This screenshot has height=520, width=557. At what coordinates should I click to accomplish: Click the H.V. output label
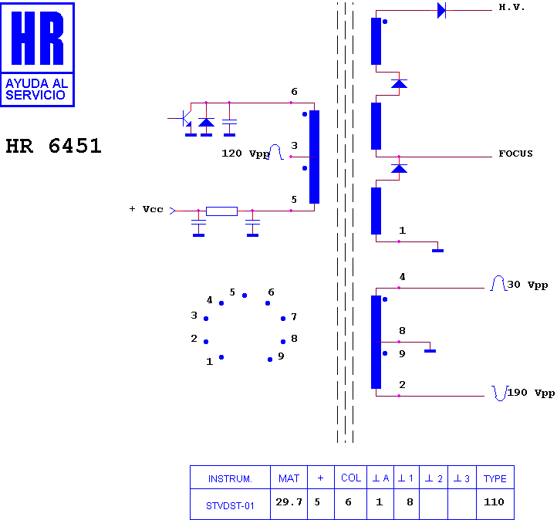pyautogui.click(x=511, y=7)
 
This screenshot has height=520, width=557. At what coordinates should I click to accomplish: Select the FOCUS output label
pyautogui.click(x=515, y=154)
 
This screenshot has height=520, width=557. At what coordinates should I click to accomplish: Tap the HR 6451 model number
pyautogui.click(x=54, y=146)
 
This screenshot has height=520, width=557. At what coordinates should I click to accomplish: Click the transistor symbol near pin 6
pyautogui.click(x=185, y=118)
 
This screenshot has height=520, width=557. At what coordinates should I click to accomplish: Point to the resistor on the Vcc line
pyautogui.click(x=221, y=211)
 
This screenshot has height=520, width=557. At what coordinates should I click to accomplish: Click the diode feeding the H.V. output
pyautogui.click(x=441, y=10)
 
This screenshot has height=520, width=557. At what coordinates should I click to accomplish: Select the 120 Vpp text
pyautogui.click(x=245, y=154)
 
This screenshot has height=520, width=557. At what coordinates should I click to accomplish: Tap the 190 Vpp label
pyautogui.click(x=531, y=393)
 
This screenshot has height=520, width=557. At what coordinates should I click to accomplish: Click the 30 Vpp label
pyautogui.click(x=528, y=285)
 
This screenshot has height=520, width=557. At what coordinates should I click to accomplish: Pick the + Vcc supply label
pyautogui.click(x=146, y=209)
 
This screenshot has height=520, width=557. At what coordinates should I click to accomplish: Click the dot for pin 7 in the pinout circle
pyautogui.click(x=283, y=319)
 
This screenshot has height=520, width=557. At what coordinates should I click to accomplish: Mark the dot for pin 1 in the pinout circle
pyautogui.click(x=221, y=357)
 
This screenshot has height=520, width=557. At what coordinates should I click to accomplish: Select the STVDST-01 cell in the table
pyautogui.click(x=230, y=506)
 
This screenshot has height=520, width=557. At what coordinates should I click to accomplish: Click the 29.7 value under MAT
pyautogui.click(x=289, y=502)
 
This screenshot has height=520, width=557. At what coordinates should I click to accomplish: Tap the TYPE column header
pyautogui.click(x=495, y=478)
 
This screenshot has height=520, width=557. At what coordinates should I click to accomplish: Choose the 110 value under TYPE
pyautogui.click(x=494, y=502)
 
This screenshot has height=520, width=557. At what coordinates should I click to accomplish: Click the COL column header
pyautogui.click(x=351, y=478)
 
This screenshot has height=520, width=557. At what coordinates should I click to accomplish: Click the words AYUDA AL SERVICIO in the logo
pyautogui.click(x=37, y=89)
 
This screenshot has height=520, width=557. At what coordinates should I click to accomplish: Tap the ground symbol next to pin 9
pyautogui.click(x=430, y=351)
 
